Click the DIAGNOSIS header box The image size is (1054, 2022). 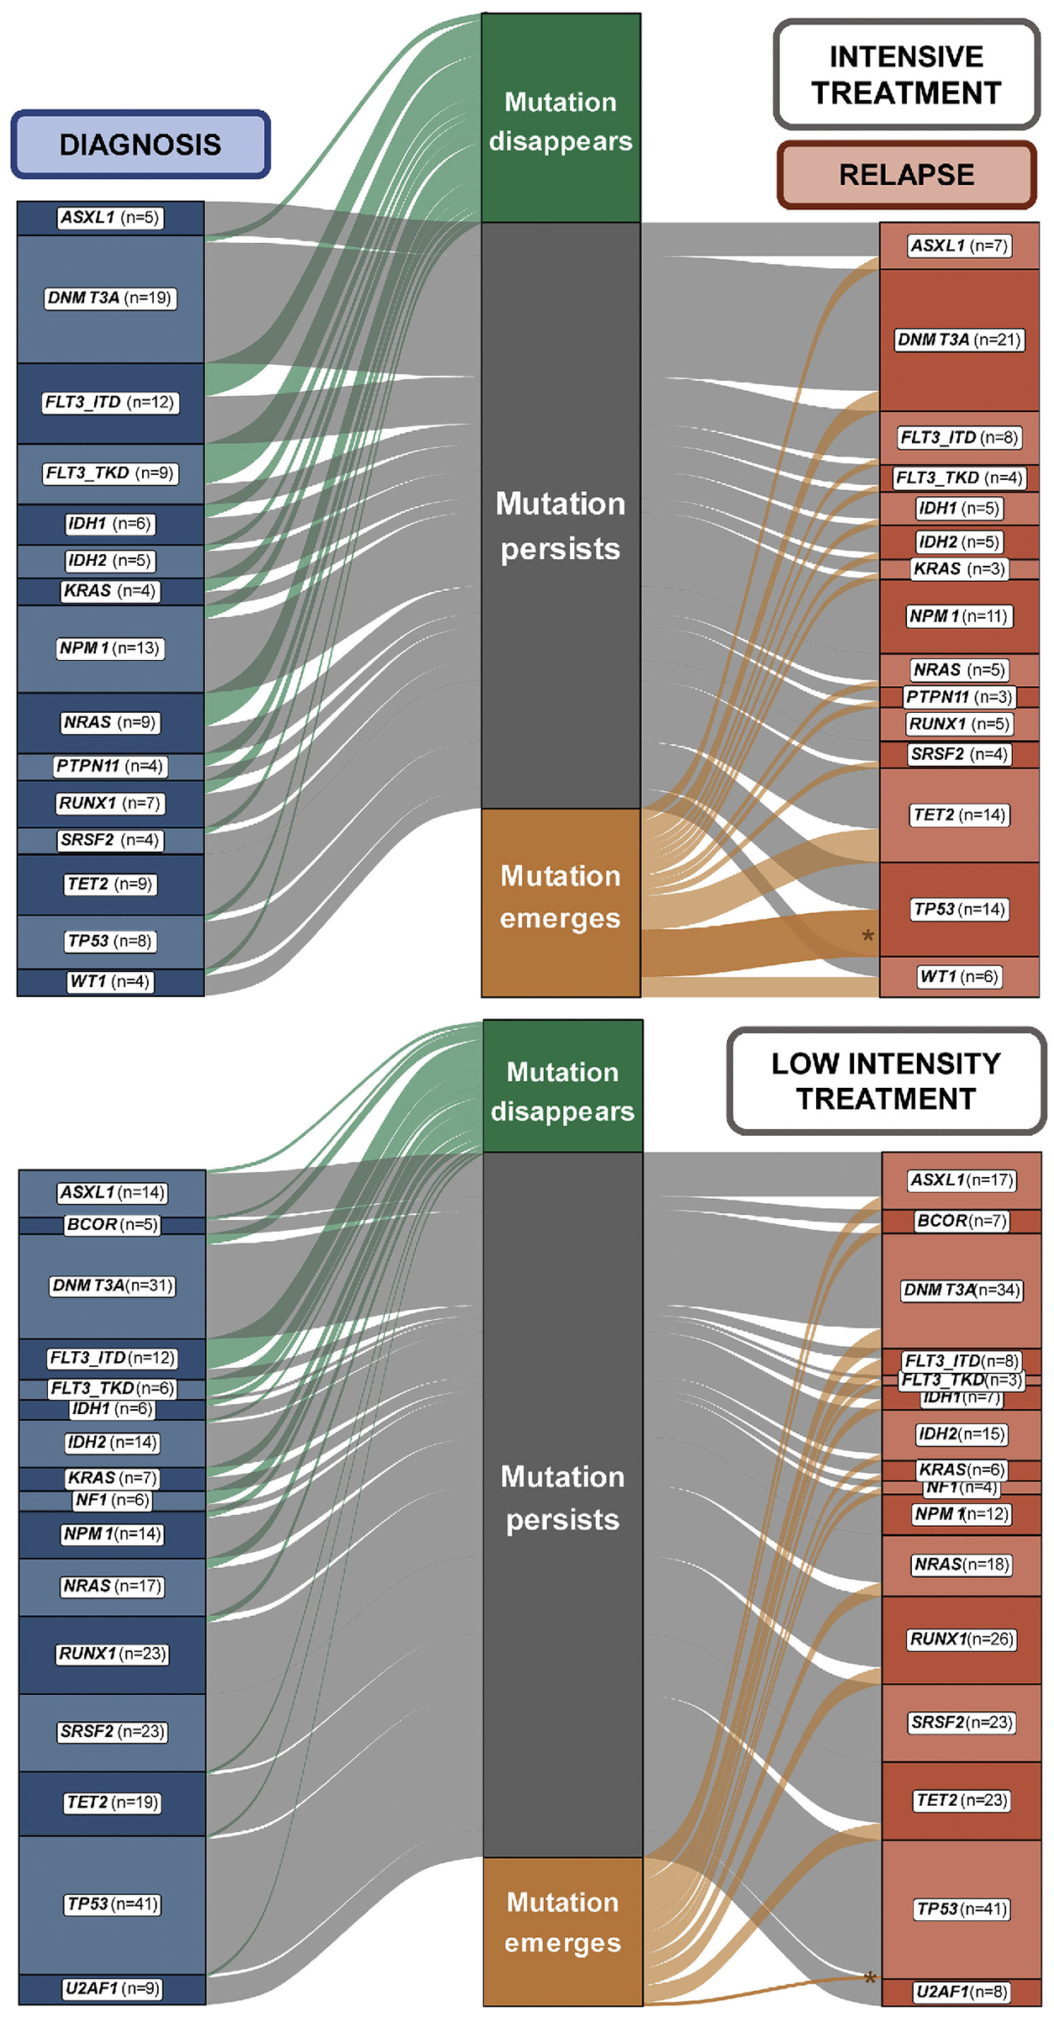[140, 145]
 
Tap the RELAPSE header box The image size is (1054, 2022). [906, 175]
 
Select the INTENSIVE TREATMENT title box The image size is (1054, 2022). [906, 74]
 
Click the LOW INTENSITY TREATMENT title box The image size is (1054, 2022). [886, 1080]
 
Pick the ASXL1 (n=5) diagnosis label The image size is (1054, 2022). [110, 218]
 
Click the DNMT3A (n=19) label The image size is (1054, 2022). [110, 298]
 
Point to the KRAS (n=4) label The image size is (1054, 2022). [110, 591]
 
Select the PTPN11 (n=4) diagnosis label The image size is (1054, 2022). [110, 766]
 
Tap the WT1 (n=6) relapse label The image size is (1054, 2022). [959, 976]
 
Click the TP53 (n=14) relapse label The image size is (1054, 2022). [959, 909]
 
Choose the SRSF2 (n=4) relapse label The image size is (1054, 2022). [959, 754]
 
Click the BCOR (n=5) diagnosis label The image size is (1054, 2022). [113, 1224]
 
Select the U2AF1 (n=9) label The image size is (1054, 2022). [113, 1988]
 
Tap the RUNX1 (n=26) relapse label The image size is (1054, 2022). [962, 1639]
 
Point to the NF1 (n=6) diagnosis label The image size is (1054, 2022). [113, 1500]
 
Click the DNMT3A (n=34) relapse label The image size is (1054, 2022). [962, 1290]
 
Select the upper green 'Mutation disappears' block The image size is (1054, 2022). [561, 118]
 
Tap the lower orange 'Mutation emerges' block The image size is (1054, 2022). [562, 1930]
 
